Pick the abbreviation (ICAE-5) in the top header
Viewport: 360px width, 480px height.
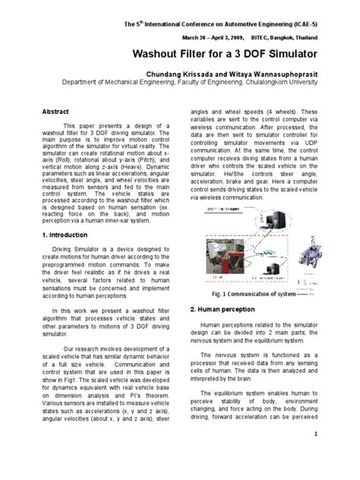click(x=317, y=25)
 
